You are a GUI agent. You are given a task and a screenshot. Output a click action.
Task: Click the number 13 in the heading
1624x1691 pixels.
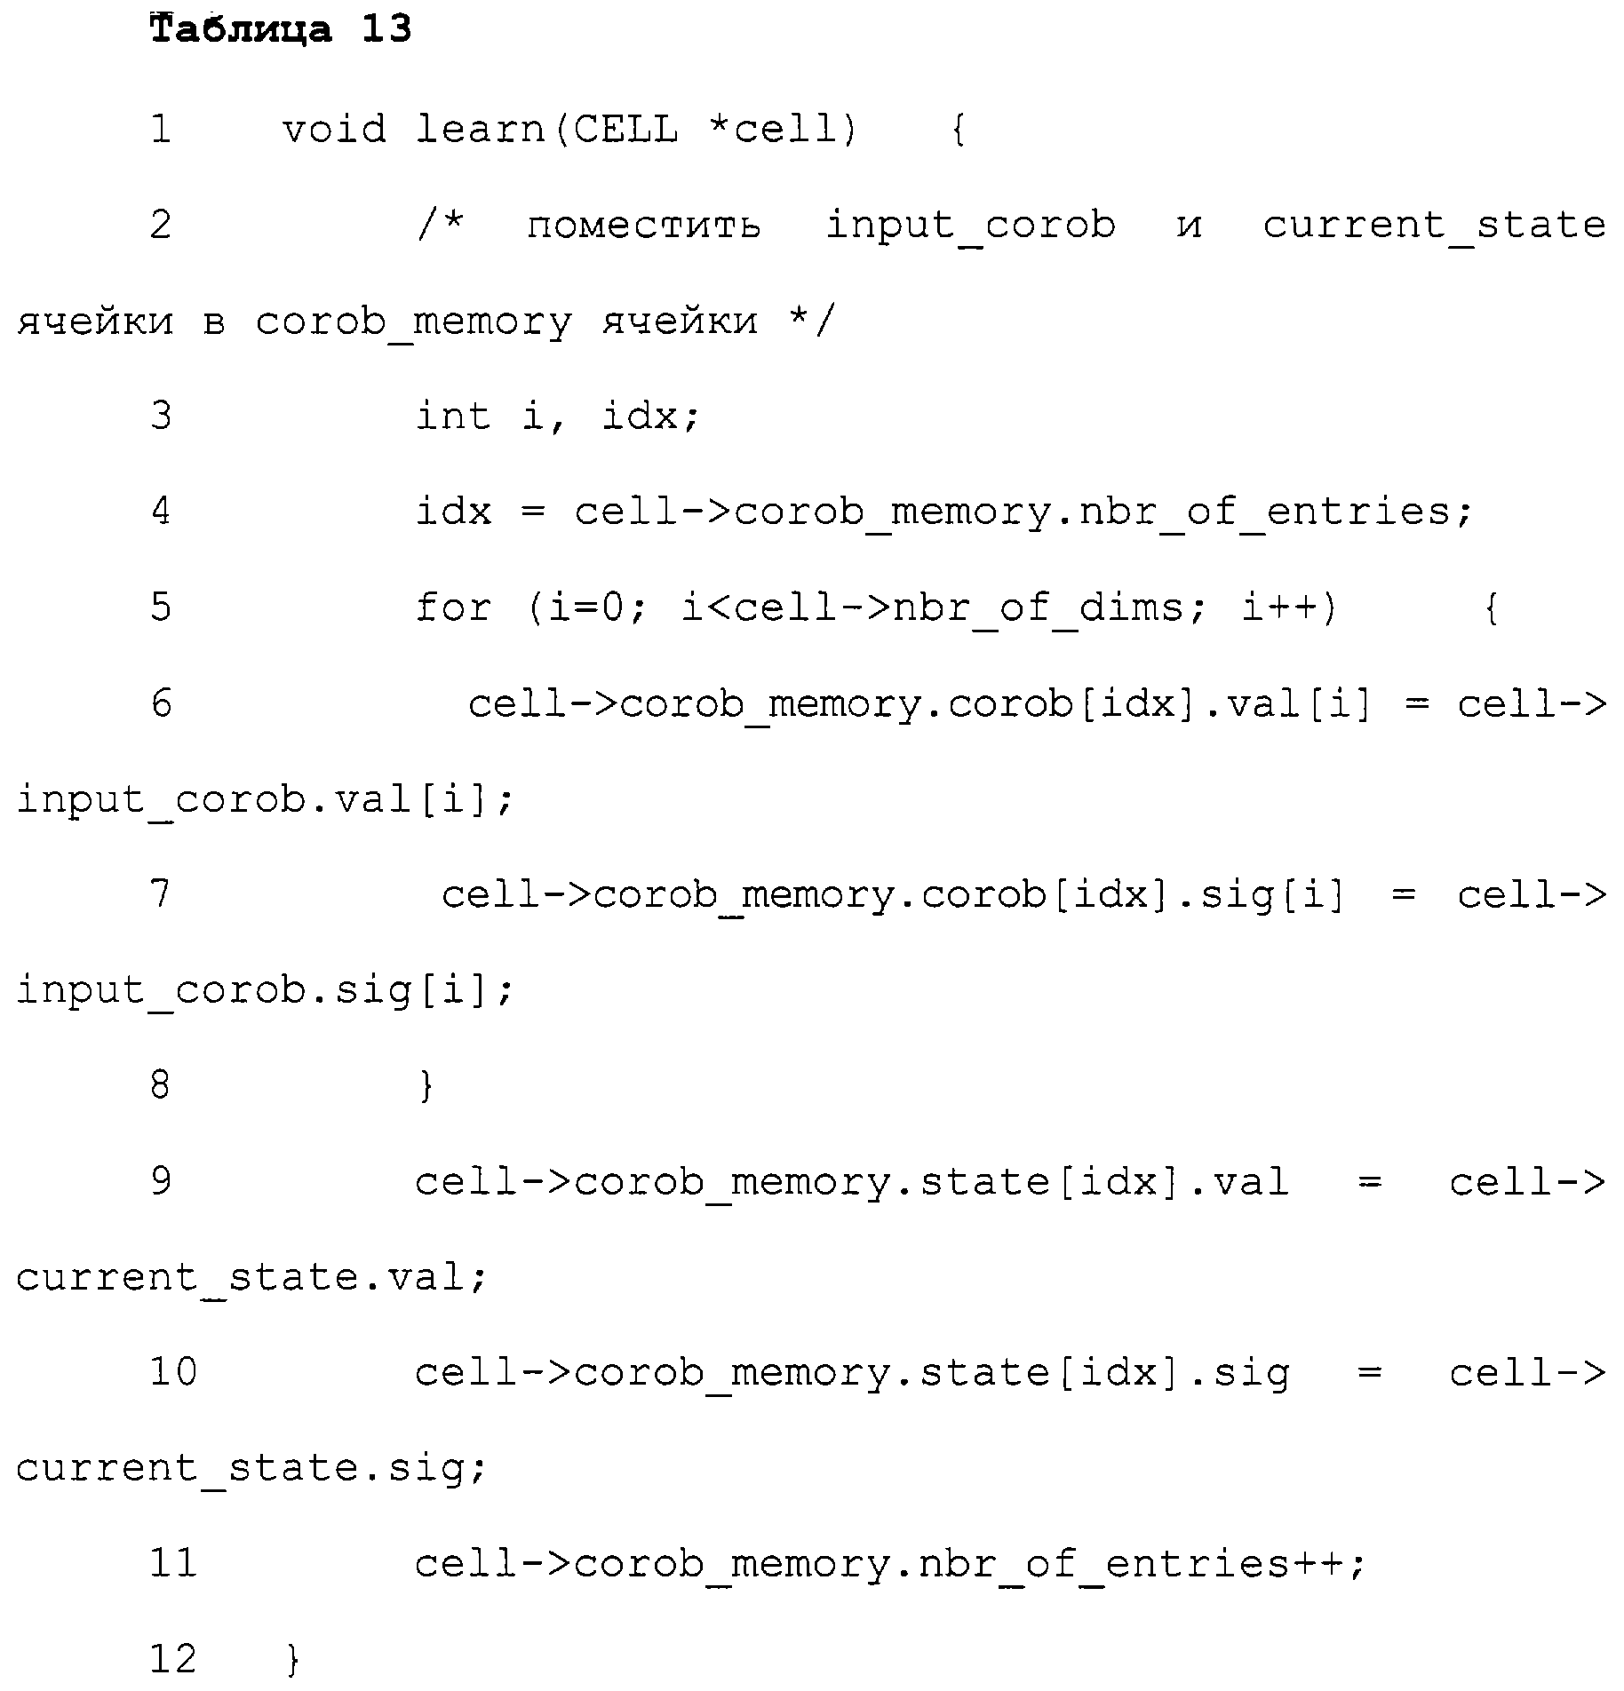point(386,29)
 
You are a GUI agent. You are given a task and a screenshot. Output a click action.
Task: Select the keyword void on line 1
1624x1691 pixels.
point(334,130)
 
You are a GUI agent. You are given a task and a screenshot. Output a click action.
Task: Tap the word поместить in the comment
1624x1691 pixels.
point(644,226)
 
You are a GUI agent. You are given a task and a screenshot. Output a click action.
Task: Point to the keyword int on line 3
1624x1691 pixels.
point(453,416)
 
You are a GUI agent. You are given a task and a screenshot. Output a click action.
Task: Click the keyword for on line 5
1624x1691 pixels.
point(453,607)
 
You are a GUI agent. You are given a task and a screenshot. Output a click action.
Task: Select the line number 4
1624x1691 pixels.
point(161,512)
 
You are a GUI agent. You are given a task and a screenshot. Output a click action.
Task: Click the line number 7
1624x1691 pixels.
point(161,893)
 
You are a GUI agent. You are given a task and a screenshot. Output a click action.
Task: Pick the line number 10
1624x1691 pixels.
point(173,1372)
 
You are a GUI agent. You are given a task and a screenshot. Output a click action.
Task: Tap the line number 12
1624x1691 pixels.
point(173,1659)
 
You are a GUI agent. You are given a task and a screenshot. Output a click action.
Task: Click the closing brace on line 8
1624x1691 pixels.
point(426,1085)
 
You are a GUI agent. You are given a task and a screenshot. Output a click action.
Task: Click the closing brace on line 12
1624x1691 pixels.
point(293,1660)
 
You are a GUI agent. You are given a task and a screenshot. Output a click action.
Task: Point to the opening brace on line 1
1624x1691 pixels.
point(958,131)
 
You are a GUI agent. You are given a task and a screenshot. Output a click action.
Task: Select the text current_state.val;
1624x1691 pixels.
point(251,1277)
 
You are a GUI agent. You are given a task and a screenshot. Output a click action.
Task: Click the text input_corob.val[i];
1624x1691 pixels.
point(265,800)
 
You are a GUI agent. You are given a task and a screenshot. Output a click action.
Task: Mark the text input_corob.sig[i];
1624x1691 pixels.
point(265,990)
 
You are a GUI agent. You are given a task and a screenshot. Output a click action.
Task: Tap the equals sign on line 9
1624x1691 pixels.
point(1370,1182)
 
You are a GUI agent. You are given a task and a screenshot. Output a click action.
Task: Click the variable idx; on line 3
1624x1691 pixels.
point(651,416)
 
